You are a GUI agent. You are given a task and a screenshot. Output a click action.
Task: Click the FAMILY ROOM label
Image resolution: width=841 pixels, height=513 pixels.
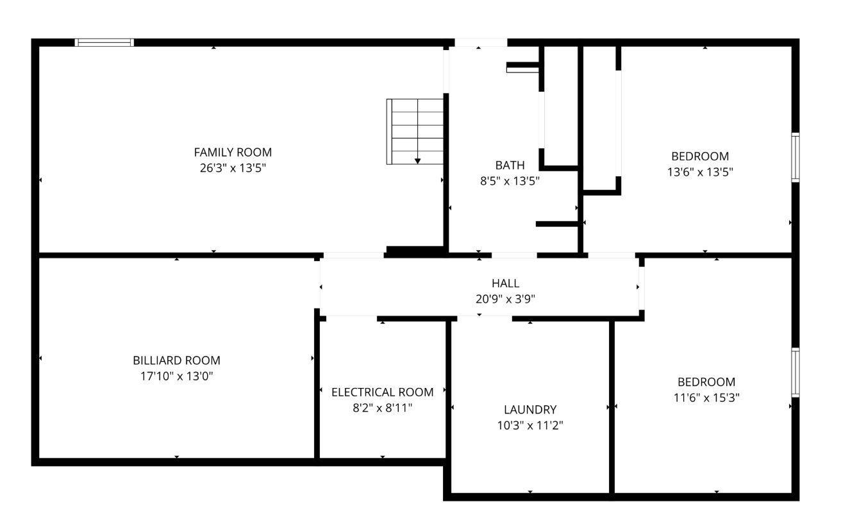click(x=233, y=152)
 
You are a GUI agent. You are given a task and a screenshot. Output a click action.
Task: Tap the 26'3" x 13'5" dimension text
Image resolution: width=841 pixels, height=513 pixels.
click(x=233, y=168)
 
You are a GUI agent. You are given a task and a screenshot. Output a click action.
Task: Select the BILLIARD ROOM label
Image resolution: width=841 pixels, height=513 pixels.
click(x=176, y=360)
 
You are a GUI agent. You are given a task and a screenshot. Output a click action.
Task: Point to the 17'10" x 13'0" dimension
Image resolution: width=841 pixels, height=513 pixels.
click(x=176, y=376)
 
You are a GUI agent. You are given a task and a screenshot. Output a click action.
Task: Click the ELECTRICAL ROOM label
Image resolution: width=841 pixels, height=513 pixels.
click(x=382, y=392)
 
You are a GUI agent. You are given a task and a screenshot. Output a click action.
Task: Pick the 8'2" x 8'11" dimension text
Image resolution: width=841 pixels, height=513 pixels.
click(x=382, y=408)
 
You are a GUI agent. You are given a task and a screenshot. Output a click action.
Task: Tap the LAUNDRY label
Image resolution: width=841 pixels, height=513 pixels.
click(x=530, y=409)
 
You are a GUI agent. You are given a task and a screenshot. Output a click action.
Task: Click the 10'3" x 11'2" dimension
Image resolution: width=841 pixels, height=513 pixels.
click(x=530, y=426)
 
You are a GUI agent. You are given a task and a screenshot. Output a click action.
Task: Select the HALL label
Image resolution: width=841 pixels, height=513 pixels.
click(x=505, y=283)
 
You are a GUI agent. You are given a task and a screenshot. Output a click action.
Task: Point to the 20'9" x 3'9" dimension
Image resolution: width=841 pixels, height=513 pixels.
click(x=505, y=299)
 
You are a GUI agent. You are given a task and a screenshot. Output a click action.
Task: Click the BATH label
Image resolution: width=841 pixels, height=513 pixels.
click(x=510, y=165)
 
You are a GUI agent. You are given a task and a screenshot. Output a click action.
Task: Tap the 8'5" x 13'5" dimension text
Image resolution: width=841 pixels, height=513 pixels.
click(x=510, y=181)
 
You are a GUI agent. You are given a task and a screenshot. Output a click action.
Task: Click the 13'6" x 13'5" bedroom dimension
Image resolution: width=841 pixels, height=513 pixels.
click(x=700, y=172)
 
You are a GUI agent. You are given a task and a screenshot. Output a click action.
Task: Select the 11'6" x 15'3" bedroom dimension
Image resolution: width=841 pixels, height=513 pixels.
click(x=706, y=398)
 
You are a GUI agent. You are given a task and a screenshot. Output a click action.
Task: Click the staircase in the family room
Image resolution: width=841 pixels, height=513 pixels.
click(x=415, y=131)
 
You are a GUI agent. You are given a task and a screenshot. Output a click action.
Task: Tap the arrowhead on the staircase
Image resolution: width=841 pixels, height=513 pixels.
click(x=417, y=161)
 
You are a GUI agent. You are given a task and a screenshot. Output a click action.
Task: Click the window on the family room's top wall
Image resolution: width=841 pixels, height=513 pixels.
click(x=104, y=42)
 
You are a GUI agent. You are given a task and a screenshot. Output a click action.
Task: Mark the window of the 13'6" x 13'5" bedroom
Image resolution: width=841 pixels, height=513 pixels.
click(x=795, y=157)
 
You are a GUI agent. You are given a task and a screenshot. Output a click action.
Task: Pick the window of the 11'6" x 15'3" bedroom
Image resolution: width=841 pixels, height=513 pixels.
click(x=795, y=372)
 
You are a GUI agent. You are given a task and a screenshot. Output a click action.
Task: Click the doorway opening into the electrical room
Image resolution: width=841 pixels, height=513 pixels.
click(x=351, y=319)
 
